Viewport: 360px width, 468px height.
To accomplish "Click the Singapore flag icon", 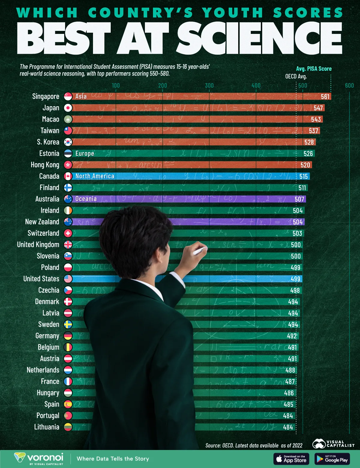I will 68,96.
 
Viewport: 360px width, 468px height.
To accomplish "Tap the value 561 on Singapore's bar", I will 325,97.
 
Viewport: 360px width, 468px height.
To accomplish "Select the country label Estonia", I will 49,153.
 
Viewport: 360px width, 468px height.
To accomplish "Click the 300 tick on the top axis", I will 209,85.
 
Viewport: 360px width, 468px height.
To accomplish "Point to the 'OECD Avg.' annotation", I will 296,76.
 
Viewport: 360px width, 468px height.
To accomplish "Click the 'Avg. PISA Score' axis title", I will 314,69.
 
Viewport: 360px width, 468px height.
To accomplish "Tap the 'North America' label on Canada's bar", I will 95,176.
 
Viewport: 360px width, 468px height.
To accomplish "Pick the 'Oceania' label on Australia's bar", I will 86,199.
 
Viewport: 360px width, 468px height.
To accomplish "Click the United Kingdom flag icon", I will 68,244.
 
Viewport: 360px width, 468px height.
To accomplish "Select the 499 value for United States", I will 295,279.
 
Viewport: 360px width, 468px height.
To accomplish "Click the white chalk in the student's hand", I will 200,251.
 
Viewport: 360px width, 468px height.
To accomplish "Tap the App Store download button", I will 291,459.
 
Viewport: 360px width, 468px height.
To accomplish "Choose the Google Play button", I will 332,459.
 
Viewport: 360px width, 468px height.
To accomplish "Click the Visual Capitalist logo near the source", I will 333,444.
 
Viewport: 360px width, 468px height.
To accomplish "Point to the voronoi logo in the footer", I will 39,458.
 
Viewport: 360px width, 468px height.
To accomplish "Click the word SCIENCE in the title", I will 260,38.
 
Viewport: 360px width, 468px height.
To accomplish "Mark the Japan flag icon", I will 68,108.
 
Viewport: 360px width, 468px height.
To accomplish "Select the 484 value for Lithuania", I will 288,427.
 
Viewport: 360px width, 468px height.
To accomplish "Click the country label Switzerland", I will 43,233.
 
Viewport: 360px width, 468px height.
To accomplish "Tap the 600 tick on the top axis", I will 349,85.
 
